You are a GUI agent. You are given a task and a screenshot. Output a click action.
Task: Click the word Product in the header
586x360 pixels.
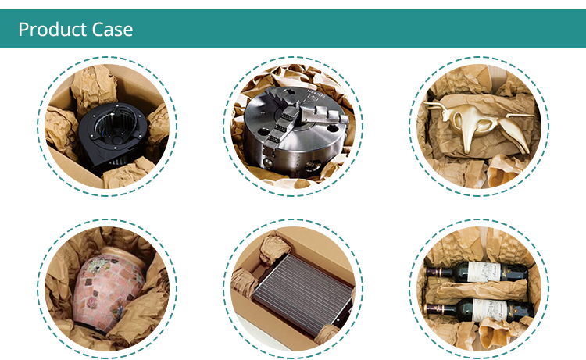pos(51,30)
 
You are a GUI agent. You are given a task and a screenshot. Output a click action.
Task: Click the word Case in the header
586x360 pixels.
pos(112,30)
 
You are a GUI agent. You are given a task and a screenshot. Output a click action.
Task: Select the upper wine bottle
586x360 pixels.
pos(477,273)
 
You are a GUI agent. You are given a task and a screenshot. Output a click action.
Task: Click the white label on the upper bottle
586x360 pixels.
pos(484,272)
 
